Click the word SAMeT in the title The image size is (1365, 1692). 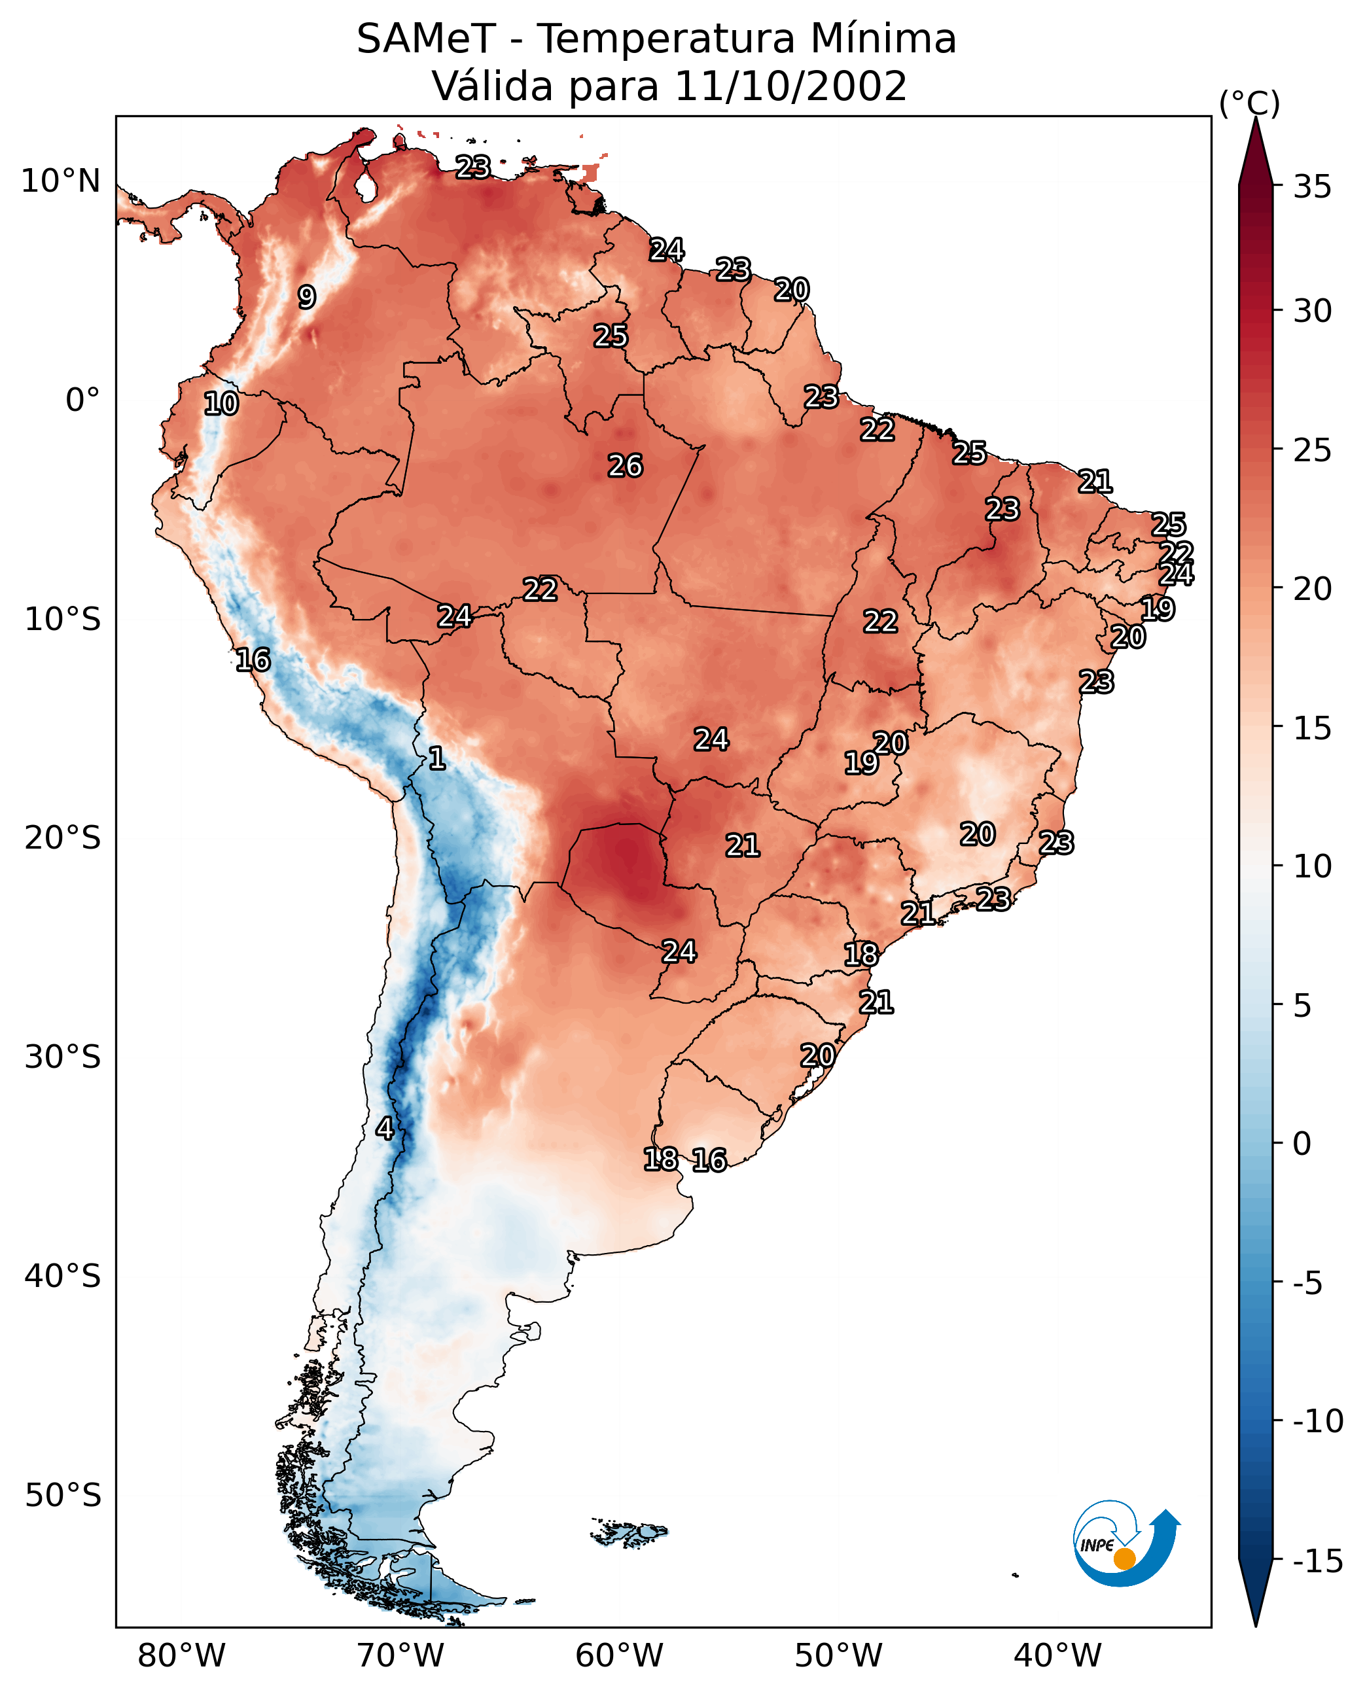click(x=425, y=39)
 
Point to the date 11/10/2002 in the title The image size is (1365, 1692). click(x=790, y=86)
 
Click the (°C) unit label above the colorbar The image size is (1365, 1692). click(x=1249, y=104)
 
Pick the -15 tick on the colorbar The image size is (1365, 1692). click(x=1318, y=1562)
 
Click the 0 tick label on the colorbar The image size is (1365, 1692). click(x=1302, y=1144)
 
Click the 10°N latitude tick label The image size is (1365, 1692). click(x=61, y=182)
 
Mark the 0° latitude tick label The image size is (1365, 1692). click(x=82, y=400)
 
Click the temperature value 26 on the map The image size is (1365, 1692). click(x=625, y=467)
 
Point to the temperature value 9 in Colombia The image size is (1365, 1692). click(x=307, y=297)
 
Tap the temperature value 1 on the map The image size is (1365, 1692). click(x=437, y=759)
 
